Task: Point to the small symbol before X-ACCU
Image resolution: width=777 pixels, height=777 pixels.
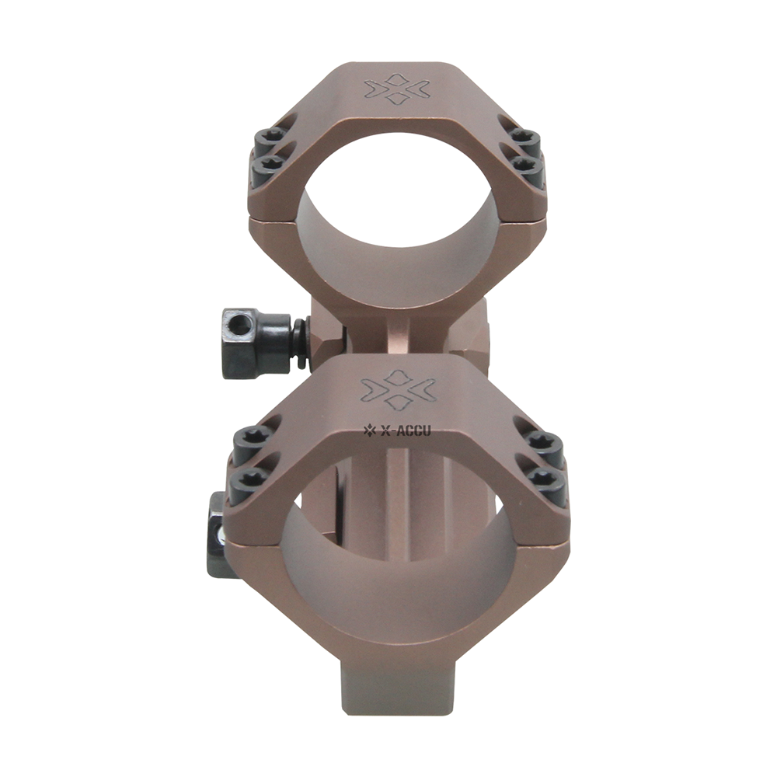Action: (x=370, y=427)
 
